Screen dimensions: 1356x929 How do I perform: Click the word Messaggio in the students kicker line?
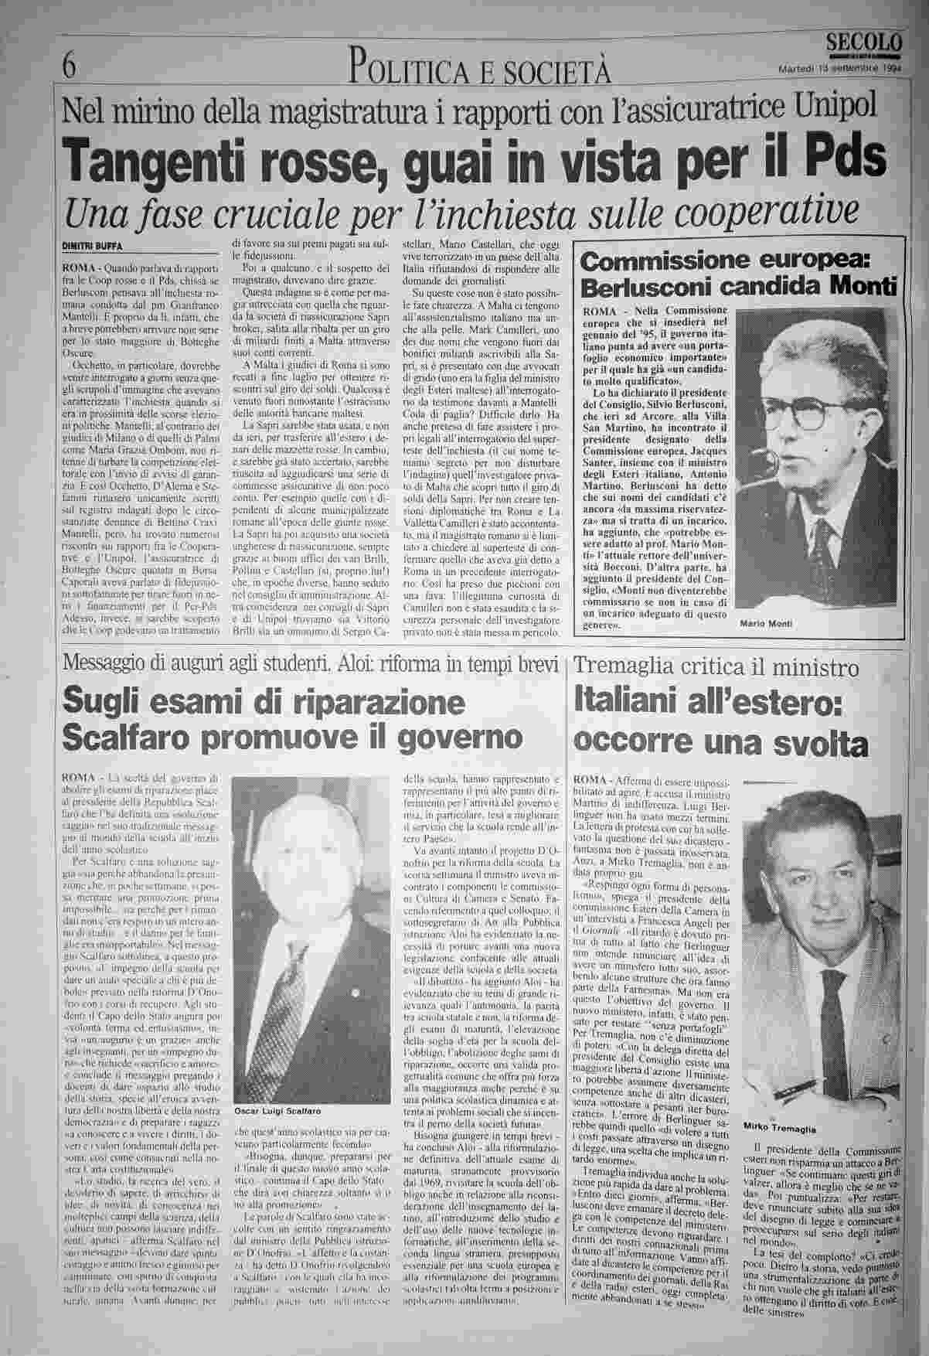click(107, 663)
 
